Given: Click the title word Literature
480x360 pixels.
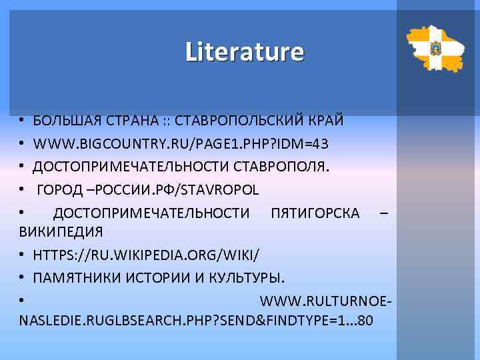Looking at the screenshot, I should point(244,51).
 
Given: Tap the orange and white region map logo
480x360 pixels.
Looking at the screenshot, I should point(435,49).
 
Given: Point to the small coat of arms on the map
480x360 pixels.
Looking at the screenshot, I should point(435,47).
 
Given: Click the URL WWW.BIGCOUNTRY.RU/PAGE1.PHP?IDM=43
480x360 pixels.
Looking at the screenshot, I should point(181,143).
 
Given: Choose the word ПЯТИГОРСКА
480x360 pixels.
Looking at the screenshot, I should point(315,213).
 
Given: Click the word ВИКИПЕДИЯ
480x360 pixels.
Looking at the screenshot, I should point(61,233).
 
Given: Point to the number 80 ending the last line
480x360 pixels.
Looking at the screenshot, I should point(366,321).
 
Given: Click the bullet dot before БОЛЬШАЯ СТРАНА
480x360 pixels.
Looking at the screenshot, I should point(22,121).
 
